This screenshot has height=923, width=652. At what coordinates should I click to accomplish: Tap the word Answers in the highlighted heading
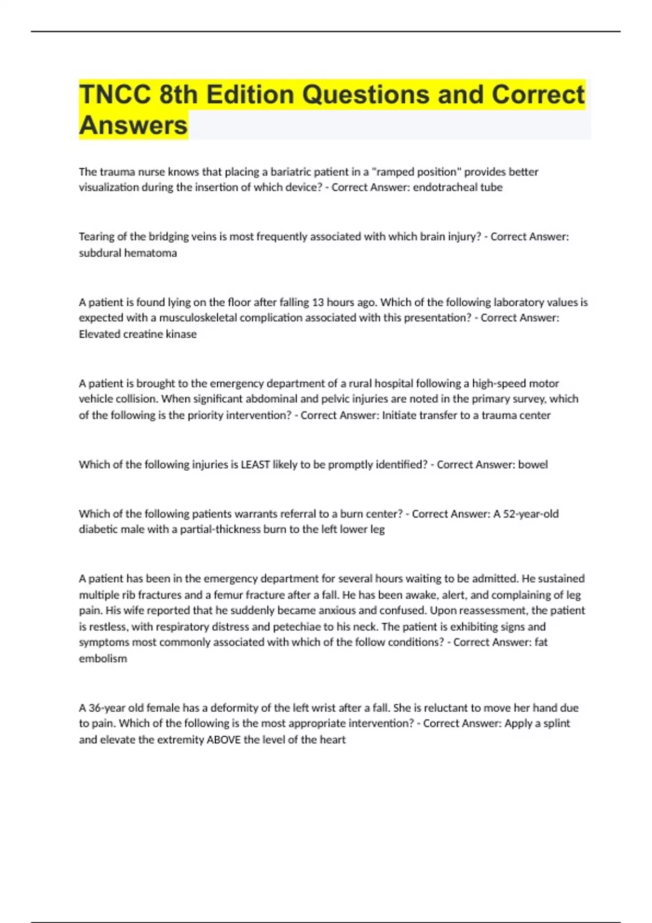(133, 125)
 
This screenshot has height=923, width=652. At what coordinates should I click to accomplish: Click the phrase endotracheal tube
(457, 187)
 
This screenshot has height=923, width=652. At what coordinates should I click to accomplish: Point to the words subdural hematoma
(128, 253)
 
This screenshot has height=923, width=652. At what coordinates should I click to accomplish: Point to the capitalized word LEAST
(255, 465)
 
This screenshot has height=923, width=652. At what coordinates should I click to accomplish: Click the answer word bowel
(532, 465)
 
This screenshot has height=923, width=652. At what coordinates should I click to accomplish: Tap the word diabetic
(98, 529)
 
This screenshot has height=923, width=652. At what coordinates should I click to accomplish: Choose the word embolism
(103, 659)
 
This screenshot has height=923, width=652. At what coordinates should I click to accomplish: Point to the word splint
(556, 724)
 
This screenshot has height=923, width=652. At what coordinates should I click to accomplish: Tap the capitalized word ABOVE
(223, 740)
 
